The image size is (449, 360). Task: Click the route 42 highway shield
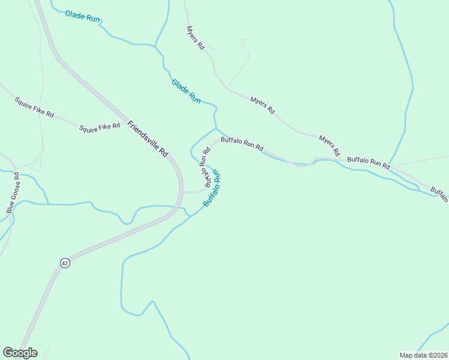point(64,263)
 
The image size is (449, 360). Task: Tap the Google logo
point(20,353)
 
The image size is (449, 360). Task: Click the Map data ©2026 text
point(423,355)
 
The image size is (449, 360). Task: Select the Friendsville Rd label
point(148,139)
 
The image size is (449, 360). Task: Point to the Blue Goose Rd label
point(13,193)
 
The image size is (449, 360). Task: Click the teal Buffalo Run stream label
point(212,188)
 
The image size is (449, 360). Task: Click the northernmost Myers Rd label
point(196,37)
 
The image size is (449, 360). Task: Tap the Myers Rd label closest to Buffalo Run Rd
point(330,145)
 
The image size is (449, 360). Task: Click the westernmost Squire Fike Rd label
point(34,106)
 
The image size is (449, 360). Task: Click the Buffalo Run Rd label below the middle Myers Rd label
point(242,143)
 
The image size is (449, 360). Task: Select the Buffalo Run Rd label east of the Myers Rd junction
point(369,161)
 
